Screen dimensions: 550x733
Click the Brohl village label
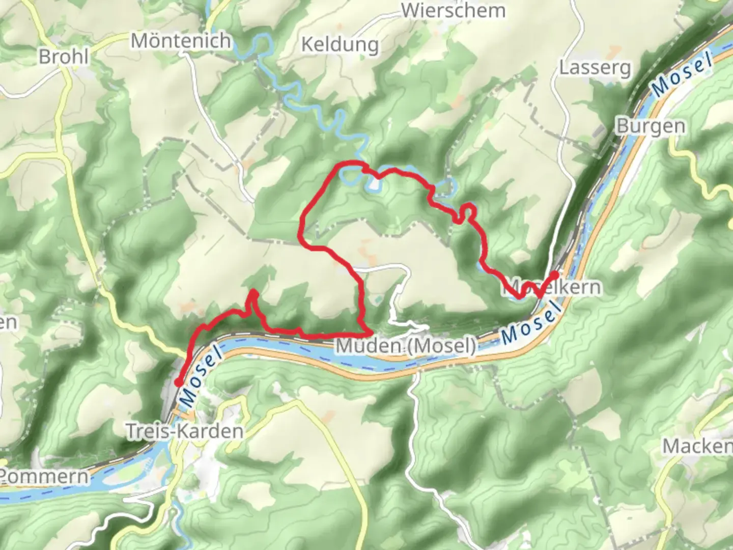[x=64, y=56]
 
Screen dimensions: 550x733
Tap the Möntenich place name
[x=181, y=41]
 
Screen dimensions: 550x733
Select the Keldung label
[x=340, y=45]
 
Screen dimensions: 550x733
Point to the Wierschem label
[x=453, y=10]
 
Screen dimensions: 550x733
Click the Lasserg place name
[x=595, y=68]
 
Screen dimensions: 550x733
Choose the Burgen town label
[x=651, y=126]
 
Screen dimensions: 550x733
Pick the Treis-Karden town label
[x=184, y=431]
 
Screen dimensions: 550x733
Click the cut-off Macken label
[x=697, y=447]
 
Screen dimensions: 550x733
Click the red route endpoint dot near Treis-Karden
[x=179, y=382]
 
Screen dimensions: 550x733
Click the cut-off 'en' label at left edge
[x=8, y=322]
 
